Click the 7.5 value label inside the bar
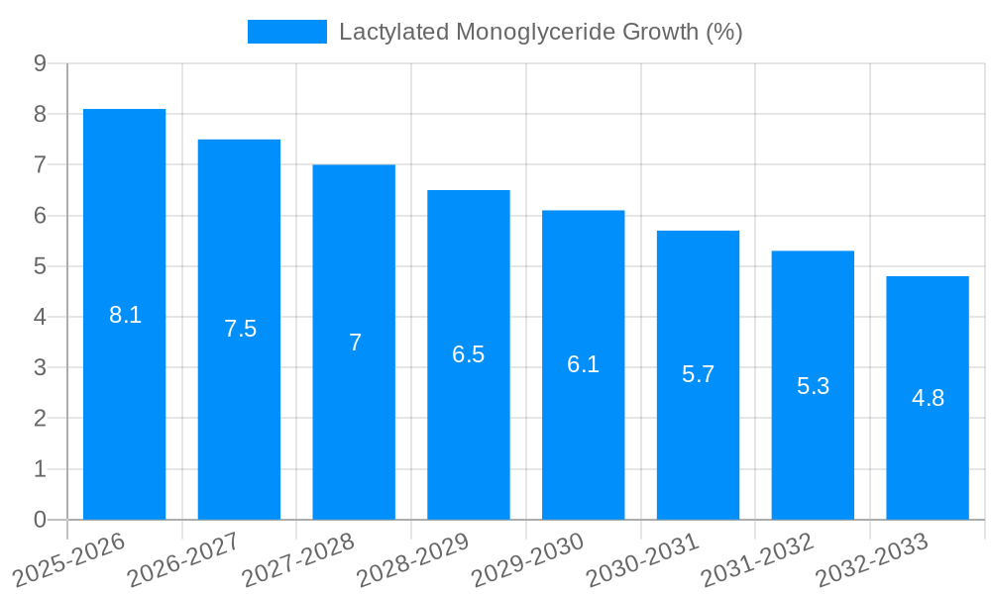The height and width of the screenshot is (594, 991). [x=240, y=330]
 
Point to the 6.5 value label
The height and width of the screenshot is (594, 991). [x=469, y=354]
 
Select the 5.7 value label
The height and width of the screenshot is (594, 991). [x=698, y=375]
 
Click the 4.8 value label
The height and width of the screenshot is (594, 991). [x=928, y=399]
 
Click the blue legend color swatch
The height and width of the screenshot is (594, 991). [x=286, y=32]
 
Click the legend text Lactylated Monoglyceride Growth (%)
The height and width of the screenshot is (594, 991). [x=540, y=32]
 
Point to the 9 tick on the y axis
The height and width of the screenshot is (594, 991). [x=41, y=63]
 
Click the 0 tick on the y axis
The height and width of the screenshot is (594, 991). [x=41, y=520]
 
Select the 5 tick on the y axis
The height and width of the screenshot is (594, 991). [x=41, y=266]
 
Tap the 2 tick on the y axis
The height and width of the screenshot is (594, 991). [x=41, y=419]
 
